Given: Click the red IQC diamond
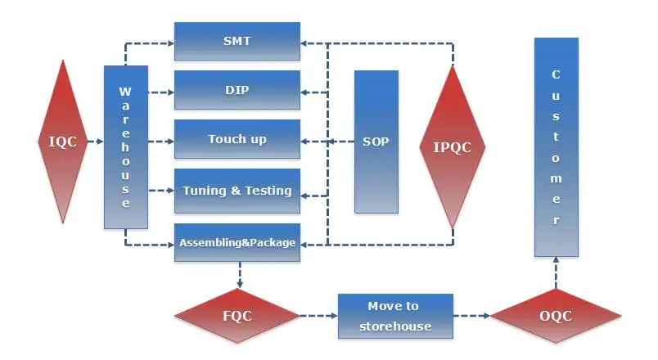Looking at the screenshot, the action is click(63, 142).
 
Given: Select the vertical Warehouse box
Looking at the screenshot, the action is click(126, 146).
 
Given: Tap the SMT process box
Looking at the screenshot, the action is click(237, 41).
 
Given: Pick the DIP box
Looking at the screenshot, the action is click(237, 90).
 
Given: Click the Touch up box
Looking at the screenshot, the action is click(237, 139).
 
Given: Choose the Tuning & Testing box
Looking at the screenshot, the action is click(237, 191).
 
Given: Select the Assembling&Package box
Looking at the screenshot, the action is click(237, 242).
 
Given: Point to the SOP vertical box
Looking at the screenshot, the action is click(376, 142).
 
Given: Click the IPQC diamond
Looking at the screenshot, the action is click(453, 146).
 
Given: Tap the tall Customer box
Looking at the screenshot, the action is click(557, 146).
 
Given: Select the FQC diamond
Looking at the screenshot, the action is click(237, 316).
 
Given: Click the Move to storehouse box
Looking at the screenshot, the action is click(395, 316).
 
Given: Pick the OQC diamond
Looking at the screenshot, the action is click(556, 316).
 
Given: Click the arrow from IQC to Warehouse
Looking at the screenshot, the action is click(96, 142).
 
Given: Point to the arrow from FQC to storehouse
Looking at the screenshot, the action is click(319, 316).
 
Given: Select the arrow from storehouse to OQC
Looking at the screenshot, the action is click(471, 316).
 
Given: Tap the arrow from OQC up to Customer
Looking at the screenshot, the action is click(556, 272).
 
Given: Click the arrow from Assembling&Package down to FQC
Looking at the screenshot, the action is click(240, 275).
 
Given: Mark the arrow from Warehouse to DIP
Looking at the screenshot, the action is click(161, 92).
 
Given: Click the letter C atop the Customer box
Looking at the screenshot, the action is click(556, 74).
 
